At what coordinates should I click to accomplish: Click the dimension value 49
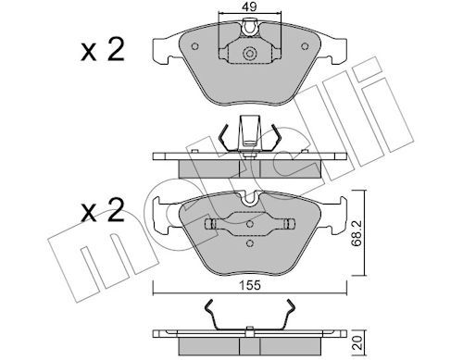(x=249, y=6)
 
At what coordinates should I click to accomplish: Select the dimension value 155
(x=250, y=285)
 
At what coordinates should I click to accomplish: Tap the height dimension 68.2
(x=357, y=233)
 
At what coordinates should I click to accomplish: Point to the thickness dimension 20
(x=357, y=343)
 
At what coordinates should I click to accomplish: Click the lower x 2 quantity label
(x=103, y=210)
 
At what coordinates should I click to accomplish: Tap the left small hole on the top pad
(x=194, y=46)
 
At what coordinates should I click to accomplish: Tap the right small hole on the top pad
(x=305, y=46)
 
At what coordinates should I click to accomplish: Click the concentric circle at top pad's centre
(x=249, y=54)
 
